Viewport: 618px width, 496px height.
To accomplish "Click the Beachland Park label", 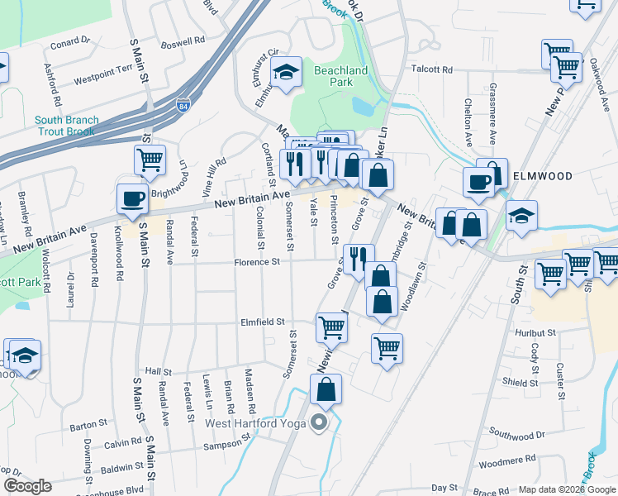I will pyautogui.click(x=340, y=77).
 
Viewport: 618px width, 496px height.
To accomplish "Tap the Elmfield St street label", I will pyautogui.click(x=262, y=322).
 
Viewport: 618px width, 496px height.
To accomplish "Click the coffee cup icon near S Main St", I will pyautogui.click(x=132, y=198).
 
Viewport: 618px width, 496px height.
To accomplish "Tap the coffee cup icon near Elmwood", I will pyautogui.click(x=478, y=183).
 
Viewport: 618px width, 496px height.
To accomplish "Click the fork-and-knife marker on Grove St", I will pyautogui.click(x=358, y=258).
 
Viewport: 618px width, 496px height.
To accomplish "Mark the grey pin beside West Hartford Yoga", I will pyautogui.click(x=320, y=424).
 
